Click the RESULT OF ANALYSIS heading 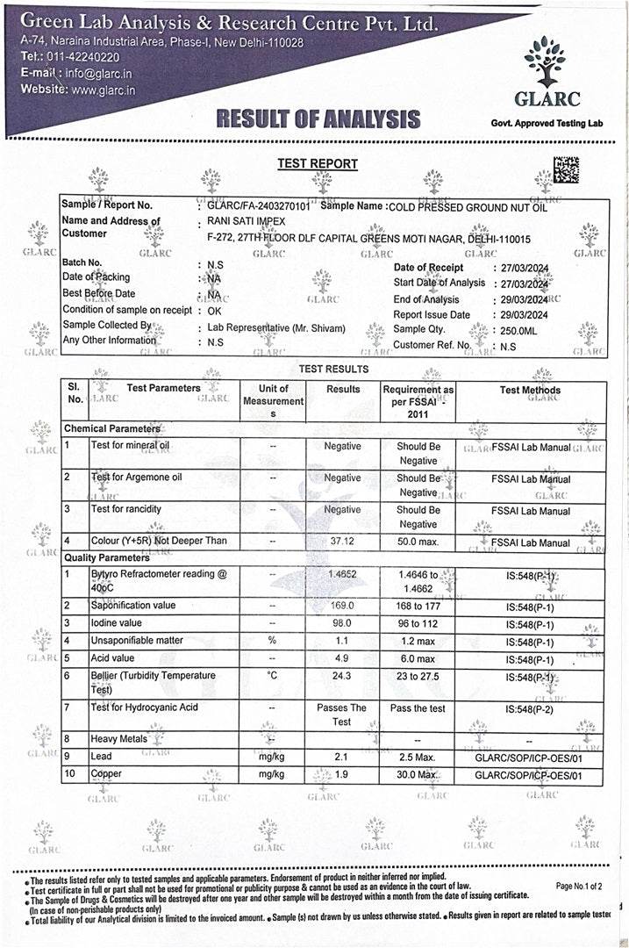coord(318,118)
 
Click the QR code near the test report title coord(566,169)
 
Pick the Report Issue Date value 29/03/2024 coord(524,314)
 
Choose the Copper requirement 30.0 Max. coord(417,775)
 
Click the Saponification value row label coord(133,606)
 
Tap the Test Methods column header coord(530,390)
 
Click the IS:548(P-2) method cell coord(530,707)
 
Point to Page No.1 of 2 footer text coord(579,887)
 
